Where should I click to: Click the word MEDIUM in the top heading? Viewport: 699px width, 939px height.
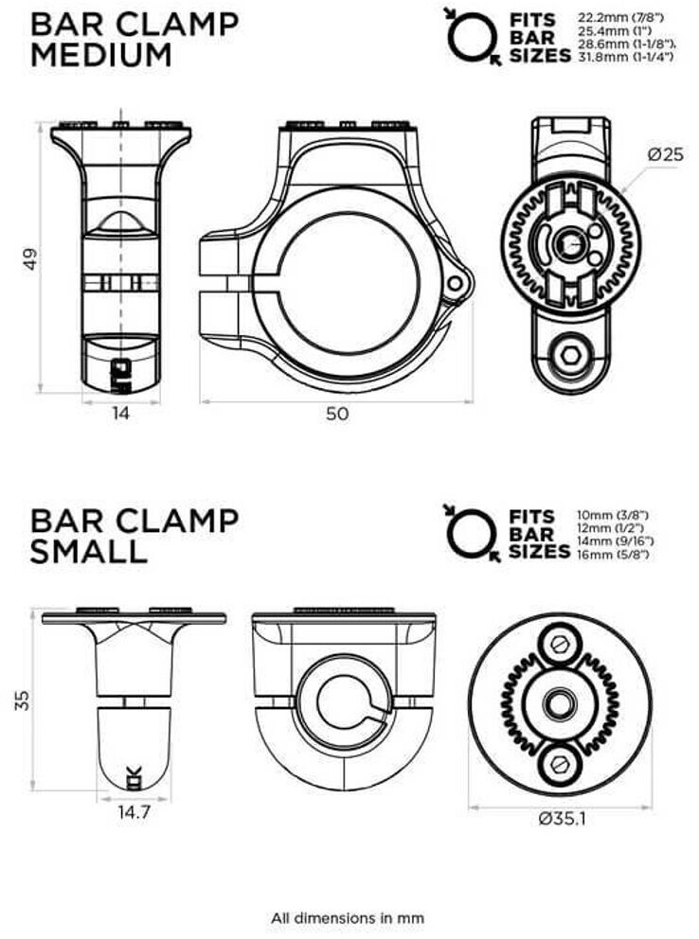[101, 55]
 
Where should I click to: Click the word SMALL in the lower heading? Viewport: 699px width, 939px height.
[88, 551]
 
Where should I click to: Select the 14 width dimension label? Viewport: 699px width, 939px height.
[120, 412]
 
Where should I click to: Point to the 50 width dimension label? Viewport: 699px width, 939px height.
[336, 413]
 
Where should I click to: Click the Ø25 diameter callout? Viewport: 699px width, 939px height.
[665, 154]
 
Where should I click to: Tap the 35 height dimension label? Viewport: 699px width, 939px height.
[24, 699]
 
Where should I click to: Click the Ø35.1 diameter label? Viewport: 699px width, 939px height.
[560, 819]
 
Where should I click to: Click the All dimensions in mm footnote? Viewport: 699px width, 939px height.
[348, 917]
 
